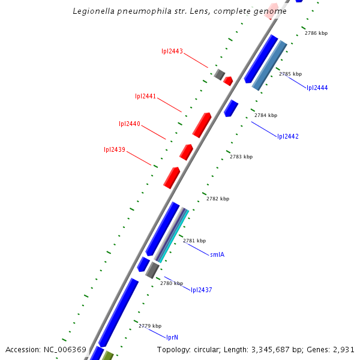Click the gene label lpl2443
(x=172, y=51)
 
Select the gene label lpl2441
(x=146, y=96)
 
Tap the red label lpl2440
(x=130, y=124)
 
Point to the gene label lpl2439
(x=115, y=150)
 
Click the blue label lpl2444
(x=317, y=88)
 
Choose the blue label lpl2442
(x=287, y=137)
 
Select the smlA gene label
(x=217, y=255)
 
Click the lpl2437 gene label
(x=202, y=290)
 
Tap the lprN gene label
(x=172, y=338)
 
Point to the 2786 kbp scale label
(x=316, y=34)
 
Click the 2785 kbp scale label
(x=290, y=74)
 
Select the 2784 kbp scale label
(x=266, y=115)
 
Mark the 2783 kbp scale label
(x=241, y=157)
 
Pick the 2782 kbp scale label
(x=218, y=199)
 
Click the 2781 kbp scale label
(x=194, y=241)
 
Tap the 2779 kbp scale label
(x=150, y=326)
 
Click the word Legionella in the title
(x=94, y=11)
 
